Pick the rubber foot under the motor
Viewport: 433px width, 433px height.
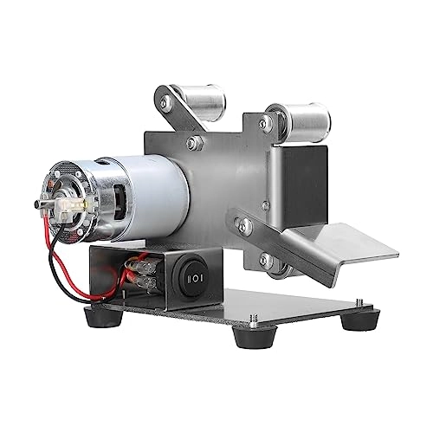104,319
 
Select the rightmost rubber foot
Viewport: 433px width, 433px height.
353,320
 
